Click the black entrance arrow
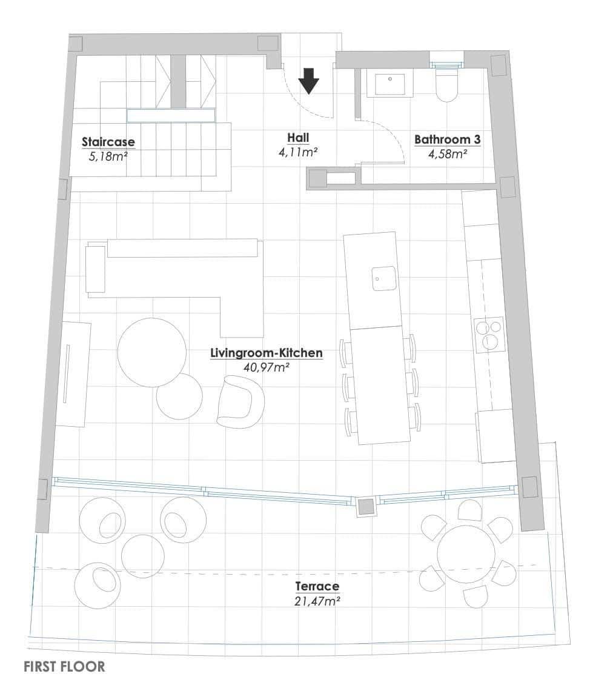pyautogui.click(x=309, y=81)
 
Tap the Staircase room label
pyautogui.click(x=108, y=142)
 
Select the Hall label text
pyautogui.click(x=298, y=138)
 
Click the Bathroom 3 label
pyautogui.click(x=447, y=139)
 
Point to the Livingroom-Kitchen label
pyautogui.click(x=266, y=353)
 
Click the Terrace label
pyautogui.click(x=317, y=586)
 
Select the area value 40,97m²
pyautogui.click(x=266, y=366)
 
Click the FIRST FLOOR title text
pyautogui.click(x=64, y=667)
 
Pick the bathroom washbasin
pyautogui.click(x=391, y=85)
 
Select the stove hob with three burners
pyautogui.click(x=489, y=335)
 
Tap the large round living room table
pyautogui.click(x=151, y=352)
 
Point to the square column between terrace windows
pyautogui.click(x=365, y=506)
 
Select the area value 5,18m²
pyautogui.click(x=108, y=156)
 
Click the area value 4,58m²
pyautogui.click(x=447, y=154)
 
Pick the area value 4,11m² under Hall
pyautogui.click(x=298, y=152)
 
